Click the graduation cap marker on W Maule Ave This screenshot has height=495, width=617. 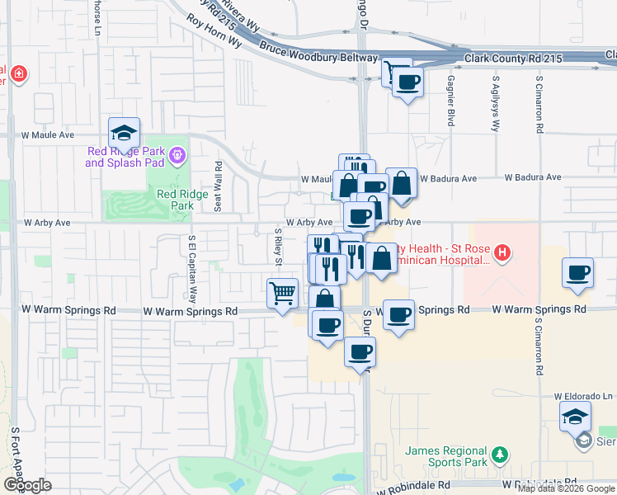tap(124, 133)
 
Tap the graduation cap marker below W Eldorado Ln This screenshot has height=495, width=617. tap(576, 417)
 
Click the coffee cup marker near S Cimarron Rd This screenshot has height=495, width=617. tap(578, 273)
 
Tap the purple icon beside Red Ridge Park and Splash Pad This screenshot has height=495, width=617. tap(177, 155)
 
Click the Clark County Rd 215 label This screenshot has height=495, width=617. tap(513, 59)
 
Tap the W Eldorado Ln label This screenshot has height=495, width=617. tap(585, 396)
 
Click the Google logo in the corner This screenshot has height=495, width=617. tap(27, 484)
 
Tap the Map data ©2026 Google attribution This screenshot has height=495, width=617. tap(566, 488)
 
